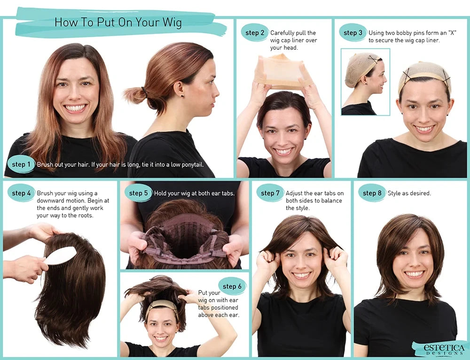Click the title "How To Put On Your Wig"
(x=118, y=22)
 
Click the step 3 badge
(x=353, y=33)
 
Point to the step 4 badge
(x=22, y=193)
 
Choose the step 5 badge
(x=139, y=193)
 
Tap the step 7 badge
(x=270, y=193)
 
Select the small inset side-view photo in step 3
(x=365, y=82)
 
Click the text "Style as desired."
(x=409, y=193)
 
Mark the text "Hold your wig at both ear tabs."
(x=194, y=193)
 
